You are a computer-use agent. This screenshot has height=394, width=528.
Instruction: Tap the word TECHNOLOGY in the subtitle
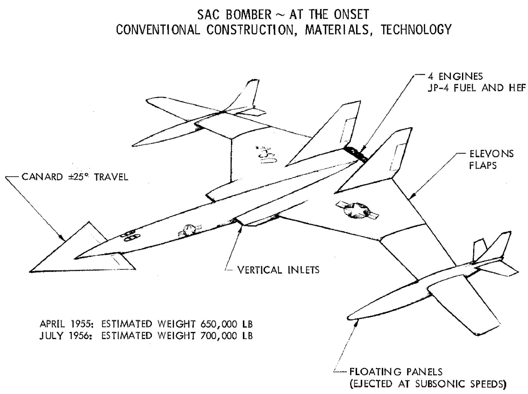point(416,30)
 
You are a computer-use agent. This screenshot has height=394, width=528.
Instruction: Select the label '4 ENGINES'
point(455,76)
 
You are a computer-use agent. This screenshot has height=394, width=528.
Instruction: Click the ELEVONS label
point(491,154)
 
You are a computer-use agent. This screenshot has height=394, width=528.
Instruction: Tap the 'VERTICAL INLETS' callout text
point(278,270)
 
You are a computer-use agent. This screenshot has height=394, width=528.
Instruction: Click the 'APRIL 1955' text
point(67,323)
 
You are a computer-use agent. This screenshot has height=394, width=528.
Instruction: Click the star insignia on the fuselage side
point(188,230)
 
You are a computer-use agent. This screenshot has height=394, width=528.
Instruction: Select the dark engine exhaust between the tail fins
point(355,153)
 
